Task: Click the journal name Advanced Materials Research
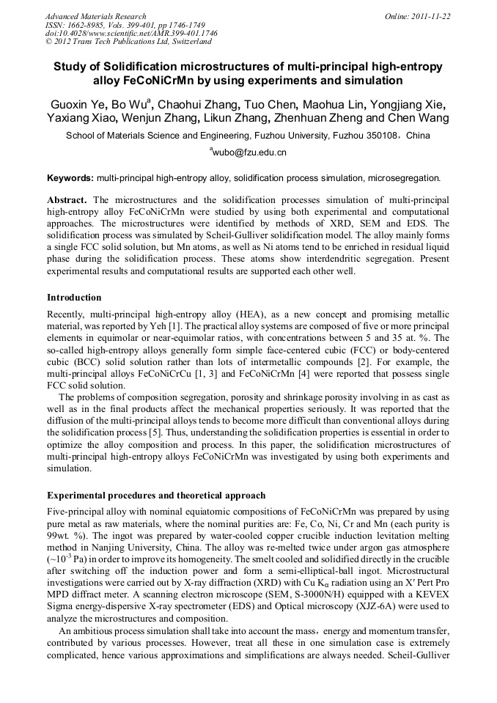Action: click(x=95, y=16)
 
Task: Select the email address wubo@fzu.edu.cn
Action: click(x=249, y=153)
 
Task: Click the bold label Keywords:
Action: click(x=70, y=178)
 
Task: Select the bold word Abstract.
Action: click(x=67, y=200)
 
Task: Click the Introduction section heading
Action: click(x=74, y=298)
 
